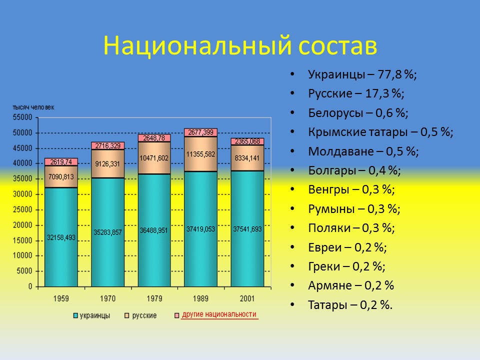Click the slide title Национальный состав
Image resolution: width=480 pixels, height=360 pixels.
point(239,46)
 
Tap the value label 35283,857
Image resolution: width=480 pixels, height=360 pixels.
point(107,232)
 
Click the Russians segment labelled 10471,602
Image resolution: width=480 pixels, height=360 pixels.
point(154,158)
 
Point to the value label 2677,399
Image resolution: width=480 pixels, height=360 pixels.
point(200,132)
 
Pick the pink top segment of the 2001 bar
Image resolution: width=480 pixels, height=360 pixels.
point(247,141)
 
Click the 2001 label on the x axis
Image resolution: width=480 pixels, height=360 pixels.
point(247,298)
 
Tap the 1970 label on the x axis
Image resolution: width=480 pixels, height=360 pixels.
point(107,298)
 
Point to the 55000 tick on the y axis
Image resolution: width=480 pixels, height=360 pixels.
point(23,117)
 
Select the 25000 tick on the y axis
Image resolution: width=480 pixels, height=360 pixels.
point(23,209)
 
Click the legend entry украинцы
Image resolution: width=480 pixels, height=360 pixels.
point(95,315)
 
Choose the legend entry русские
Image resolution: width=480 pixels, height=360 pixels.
point(144,315)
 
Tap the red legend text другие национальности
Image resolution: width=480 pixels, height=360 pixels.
point(219,314)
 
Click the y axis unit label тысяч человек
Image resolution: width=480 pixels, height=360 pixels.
point(33,107)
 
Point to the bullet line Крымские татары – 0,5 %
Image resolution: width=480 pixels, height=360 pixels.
point(380,132)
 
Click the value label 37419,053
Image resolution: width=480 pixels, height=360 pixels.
point(200,229)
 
